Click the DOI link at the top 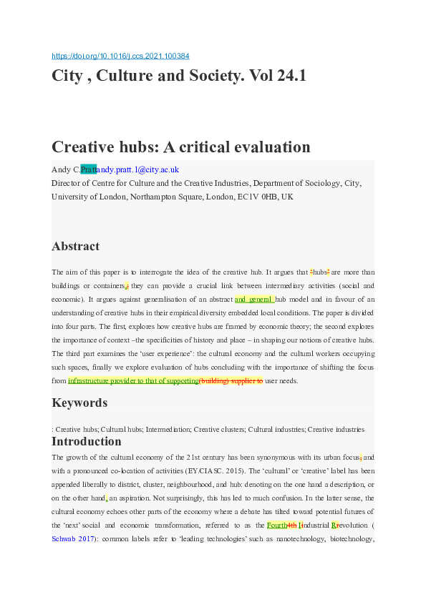pos(121,56)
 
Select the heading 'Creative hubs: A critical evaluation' pos(180,147)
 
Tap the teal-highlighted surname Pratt pos(88,170)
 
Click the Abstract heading pos(75,246)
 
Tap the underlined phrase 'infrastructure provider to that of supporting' pos(132,381)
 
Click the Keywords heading pos(79,403)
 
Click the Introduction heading pos(87,441)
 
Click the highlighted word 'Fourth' pos(277,524)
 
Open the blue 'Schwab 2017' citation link pos(74,538)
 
